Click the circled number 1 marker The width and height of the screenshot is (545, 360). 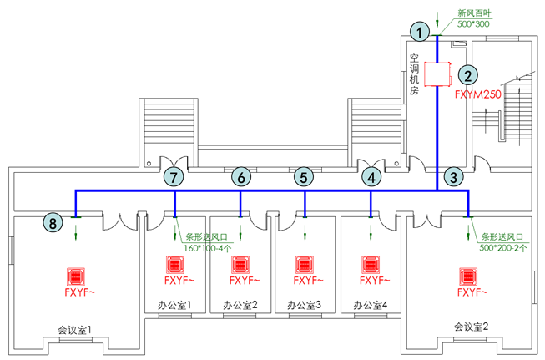point(423,31)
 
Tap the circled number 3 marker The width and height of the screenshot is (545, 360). point(452,177)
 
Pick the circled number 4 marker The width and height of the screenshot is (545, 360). point(370,177)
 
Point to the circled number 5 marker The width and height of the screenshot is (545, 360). point(304,177)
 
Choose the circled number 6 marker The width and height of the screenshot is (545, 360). point(240,177)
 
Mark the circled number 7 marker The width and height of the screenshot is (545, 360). point(173,177)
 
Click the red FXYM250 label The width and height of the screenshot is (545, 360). point(477,95)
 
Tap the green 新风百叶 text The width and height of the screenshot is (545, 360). point(473,13)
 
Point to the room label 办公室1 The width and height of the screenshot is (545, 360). point(174,305)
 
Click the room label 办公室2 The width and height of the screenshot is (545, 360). point(240,305)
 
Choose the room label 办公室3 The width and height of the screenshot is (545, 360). point(305,305)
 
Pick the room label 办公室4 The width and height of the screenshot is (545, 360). point(370,305)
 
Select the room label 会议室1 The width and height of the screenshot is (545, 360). point(75,329)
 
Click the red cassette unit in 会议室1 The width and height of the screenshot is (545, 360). point(76,276)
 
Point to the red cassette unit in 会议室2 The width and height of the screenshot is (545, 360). point(468,275)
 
